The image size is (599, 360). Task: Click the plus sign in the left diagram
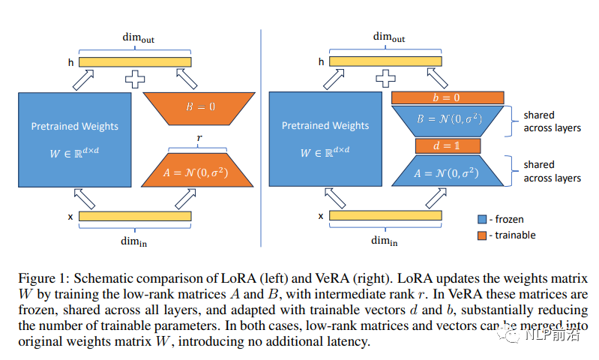tap(136, 76)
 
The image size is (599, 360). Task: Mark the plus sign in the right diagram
tap(386, 76)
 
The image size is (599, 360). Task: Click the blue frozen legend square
tap(484, 219)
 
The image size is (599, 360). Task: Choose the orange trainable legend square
tap(484, 235)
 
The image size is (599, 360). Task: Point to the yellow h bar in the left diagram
tap(136, 62)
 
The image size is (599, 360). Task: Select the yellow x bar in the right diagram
tap(386, 216)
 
